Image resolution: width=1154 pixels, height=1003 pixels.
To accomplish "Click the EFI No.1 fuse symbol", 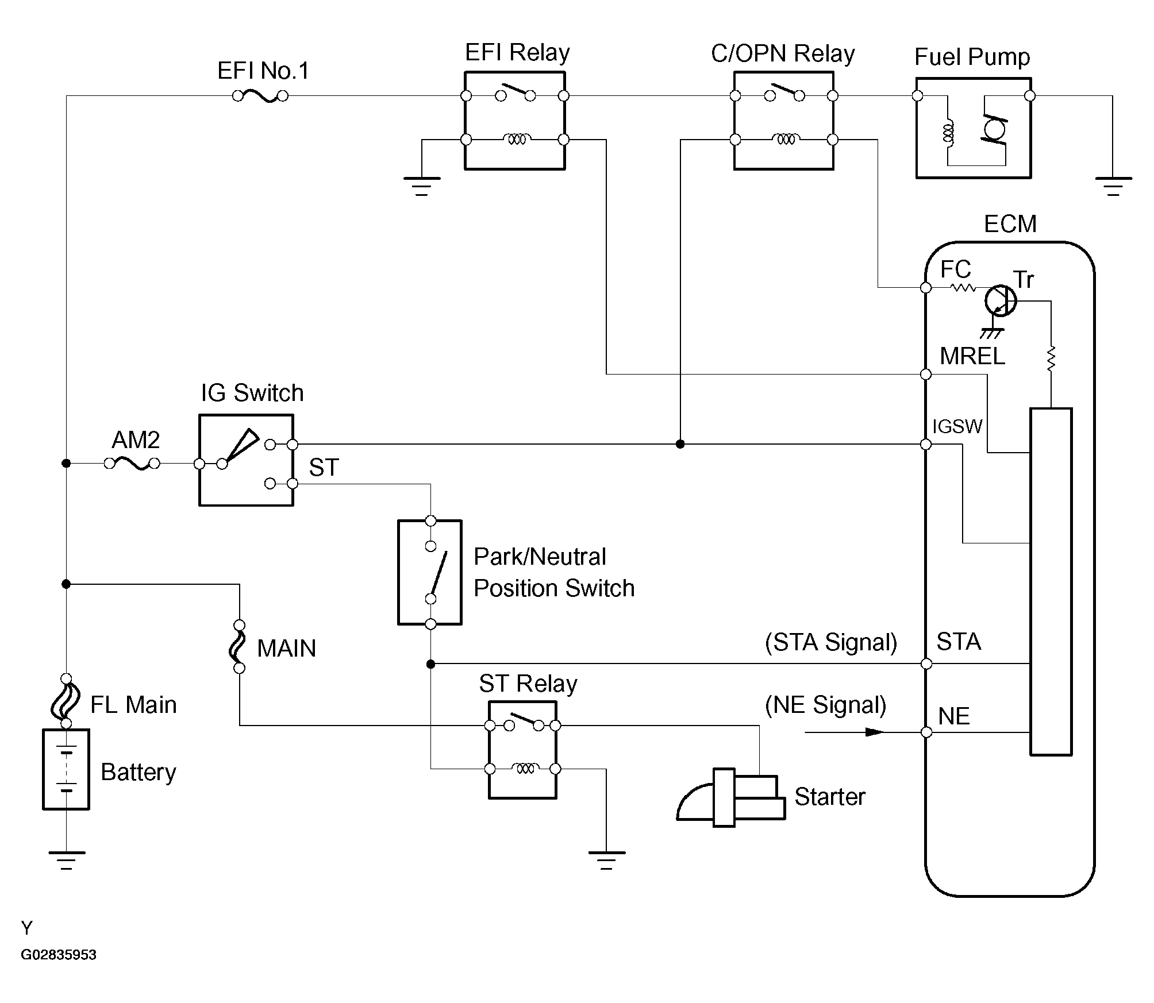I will click(260, 96).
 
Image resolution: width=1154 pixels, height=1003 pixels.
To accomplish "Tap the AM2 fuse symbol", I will click(132, 463).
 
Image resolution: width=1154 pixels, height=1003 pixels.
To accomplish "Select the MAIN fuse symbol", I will click(240, 646).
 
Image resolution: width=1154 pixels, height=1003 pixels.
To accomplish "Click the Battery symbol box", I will click(66, 769).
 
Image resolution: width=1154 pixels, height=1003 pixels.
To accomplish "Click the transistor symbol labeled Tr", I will click(1000, 300).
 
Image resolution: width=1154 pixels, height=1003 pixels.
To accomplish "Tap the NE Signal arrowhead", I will click(874, 732).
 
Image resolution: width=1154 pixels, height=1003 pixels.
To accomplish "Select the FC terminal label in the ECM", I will click(956, 269).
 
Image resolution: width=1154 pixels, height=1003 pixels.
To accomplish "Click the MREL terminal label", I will click(972, 357).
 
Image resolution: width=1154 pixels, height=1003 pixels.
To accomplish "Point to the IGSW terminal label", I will click(957, 426).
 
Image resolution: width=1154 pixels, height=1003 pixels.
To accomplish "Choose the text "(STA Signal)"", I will click(831, 642).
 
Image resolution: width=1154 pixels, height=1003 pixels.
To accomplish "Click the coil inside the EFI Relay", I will click(517, 140).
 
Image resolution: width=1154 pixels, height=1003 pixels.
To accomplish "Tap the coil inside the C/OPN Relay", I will click(785, 140).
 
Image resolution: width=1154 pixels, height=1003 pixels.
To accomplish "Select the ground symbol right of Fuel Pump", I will click(1113, 186).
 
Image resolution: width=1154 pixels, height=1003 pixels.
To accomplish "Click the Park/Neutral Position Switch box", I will click(430, 572).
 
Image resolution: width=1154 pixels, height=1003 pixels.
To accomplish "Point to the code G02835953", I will click(59, 955).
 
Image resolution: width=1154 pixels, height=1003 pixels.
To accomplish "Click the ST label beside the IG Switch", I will click(324, 468).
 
